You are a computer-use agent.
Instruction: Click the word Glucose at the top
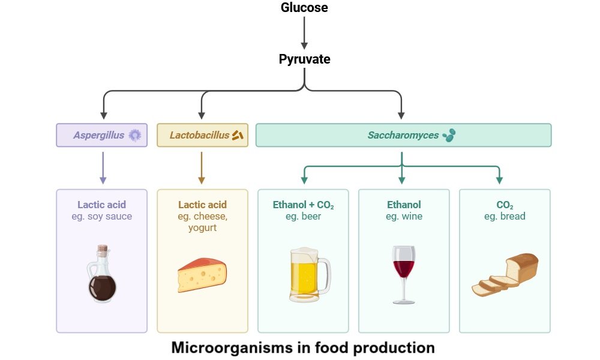[304, 8]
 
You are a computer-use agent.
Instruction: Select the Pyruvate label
[304, 59]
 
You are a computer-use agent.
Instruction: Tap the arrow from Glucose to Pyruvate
[304, 33]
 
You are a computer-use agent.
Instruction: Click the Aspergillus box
[101, 135]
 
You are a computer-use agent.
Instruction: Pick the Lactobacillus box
[202, 135]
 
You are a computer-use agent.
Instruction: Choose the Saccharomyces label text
[403, 136]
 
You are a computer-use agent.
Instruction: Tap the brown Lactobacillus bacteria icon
[238, 135]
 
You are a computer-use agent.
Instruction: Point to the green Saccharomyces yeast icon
[449, 136]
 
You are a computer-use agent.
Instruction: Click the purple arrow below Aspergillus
[103, 167]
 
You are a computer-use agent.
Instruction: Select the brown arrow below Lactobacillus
[201, 167]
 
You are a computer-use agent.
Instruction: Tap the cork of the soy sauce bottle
[103, 250]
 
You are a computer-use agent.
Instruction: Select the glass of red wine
[403, 273]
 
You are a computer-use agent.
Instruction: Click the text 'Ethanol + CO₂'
[303, 205]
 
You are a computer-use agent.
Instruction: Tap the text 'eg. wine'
[404, 217]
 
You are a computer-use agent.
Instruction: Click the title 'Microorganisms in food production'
[303, 347]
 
